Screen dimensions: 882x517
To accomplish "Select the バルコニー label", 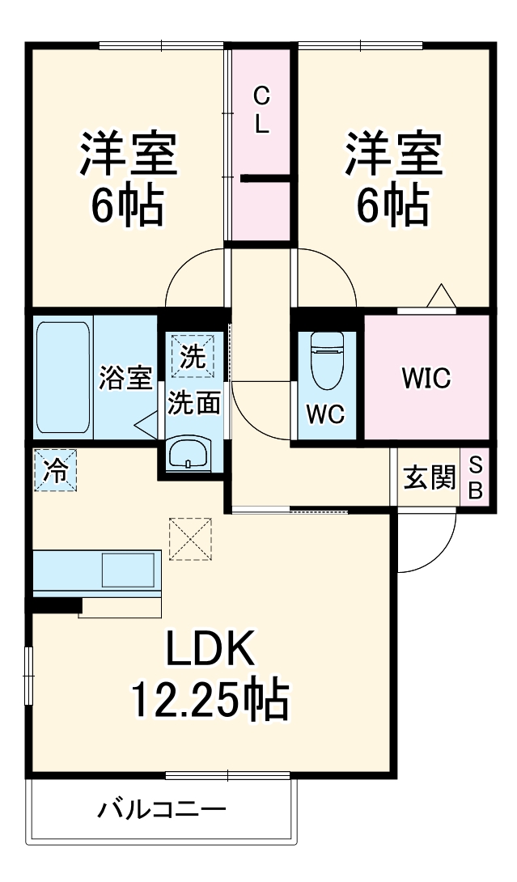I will coord(162,809).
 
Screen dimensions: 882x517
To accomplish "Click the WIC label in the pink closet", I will coord(426,378).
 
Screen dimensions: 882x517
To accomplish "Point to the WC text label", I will coord(325,414).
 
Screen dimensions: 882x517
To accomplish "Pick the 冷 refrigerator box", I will coord(56,470).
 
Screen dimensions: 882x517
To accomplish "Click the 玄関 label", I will coord(429,478).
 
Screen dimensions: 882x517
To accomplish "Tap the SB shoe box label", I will coord(476,477).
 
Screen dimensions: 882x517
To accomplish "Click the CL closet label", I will coord(261,111).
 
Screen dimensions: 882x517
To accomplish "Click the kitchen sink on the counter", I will coord(129,572).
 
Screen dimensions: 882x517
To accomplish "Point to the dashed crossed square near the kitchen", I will coord(190,538).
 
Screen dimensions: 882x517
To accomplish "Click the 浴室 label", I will coord(125,378).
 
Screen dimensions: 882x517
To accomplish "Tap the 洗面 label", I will coord(194,405).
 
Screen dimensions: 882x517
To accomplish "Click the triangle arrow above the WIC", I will coord(441,296).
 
